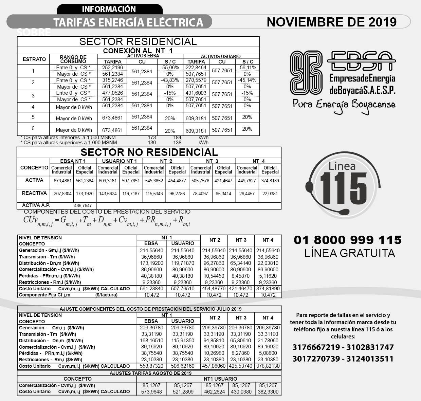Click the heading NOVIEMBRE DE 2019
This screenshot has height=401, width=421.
pos(331,22)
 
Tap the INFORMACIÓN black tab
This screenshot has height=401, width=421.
pos(109,9)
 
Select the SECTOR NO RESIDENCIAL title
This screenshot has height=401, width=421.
pos(149,152)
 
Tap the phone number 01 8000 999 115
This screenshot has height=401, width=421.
pos(347,240)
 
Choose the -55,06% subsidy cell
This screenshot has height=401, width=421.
pos(170,68)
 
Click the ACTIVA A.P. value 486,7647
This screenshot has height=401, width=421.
pos(83,205)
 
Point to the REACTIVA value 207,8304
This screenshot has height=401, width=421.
pos(62,194)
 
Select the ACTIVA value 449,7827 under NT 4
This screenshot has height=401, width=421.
pos(247,181)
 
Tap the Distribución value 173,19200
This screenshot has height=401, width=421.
pos(152,263)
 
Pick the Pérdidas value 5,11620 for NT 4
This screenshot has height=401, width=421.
pos(268,276)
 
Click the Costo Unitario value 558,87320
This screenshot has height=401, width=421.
pos(152,366)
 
